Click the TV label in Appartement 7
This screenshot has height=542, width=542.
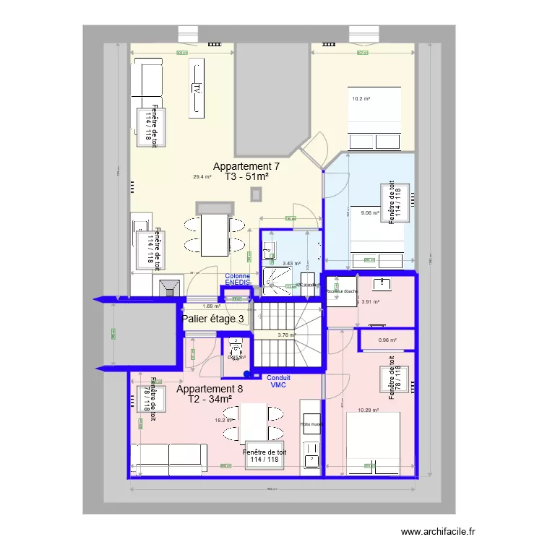tap(196, 89)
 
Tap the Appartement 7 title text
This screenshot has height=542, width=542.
tap(246, 166)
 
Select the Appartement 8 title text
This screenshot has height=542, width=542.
tap(210, 388)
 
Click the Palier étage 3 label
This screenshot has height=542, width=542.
tap(212, 318)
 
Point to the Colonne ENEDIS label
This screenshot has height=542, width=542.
tap(238, 279)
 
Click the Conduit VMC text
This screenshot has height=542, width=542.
tap(279, 382)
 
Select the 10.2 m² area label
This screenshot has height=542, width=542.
tap(361, 99)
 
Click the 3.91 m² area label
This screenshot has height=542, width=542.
tap(370, 302)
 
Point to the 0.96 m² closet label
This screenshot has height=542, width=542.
tap(387, 340)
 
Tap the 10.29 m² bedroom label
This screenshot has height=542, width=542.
tap(369, 411)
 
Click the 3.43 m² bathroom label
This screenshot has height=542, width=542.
tap(291, 264)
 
